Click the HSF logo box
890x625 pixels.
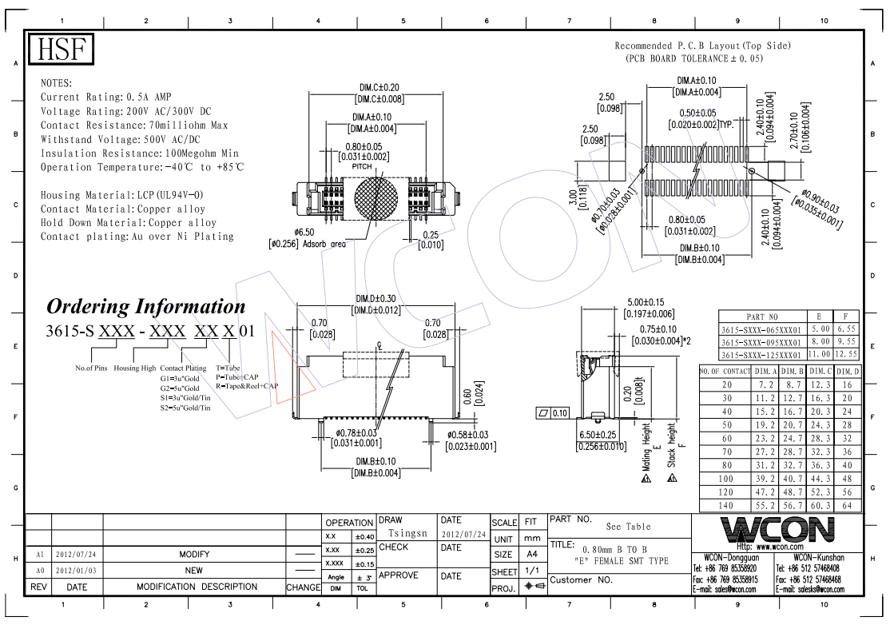coord(62,49)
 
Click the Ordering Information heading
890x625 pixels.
coord(146,306)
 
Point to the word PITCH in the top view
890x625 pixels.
coord(375,166)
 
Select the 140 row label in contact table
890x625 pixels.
coord(726,506)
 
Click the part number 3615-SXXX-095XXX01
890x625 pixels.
coord(761,340)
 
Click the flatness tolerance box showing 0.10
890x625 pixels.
coord(552,413)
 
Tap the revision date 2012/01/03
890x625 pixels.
coord(77,571)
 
